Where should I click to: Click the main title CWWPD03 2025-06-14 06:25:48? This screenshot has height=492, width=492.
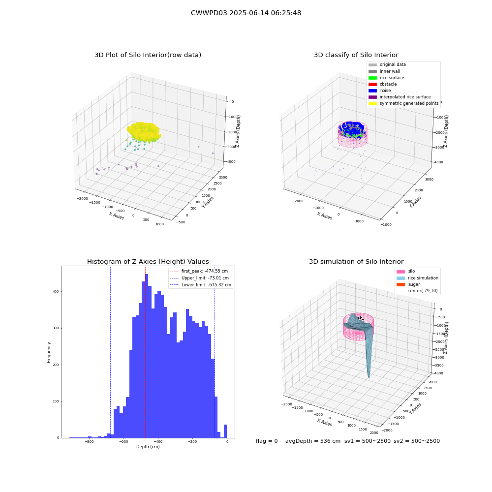click(246, 13)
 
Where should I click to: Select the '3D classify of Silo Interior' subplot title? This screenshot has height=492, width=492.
click(356, 55)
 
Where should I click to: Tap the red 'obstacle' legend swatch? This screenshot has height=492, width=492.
click(372, 84)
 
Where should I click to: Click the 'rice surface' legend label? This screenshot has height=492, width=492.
click(392, 78)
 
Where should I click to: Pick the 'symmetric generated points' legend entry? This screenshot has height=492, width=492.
click(403, 103)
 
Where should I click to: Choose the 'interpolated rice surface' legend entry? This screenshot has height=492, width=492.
click(400, 97)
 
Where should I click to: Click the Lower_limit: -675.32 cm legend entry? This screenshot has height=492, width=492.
click(200, 285)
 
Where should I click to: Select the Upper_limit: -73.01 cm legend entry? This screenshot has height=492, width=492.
click(199, 278)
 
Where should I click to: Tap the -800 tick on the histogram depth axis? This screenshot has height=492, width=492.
click(89, 441)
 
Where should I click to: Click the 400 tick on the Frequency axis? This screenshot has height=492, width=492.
click(56, 291)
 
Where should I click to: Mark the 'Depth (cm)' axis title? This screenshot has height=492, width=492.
click(148, 447)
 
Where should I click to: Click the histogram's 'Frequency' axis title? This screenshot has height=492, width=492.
click(49, 352)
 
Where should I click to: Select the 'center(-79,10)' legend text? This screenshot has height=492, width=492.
click(423, 291)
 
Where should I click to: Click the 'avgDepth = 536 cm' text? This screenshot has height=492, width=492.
click(313, 441)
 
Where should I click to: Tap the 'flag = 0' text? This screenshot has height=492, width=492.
click(267, 441)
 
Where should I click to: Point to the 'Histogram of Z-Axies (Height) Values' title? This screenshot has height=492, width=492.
click(148, 262)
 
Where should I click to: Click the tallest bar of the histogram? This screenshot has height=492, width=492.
click(147, 356)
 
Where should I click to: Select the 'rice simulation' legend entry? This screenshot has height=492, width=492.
click(417, 278)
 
